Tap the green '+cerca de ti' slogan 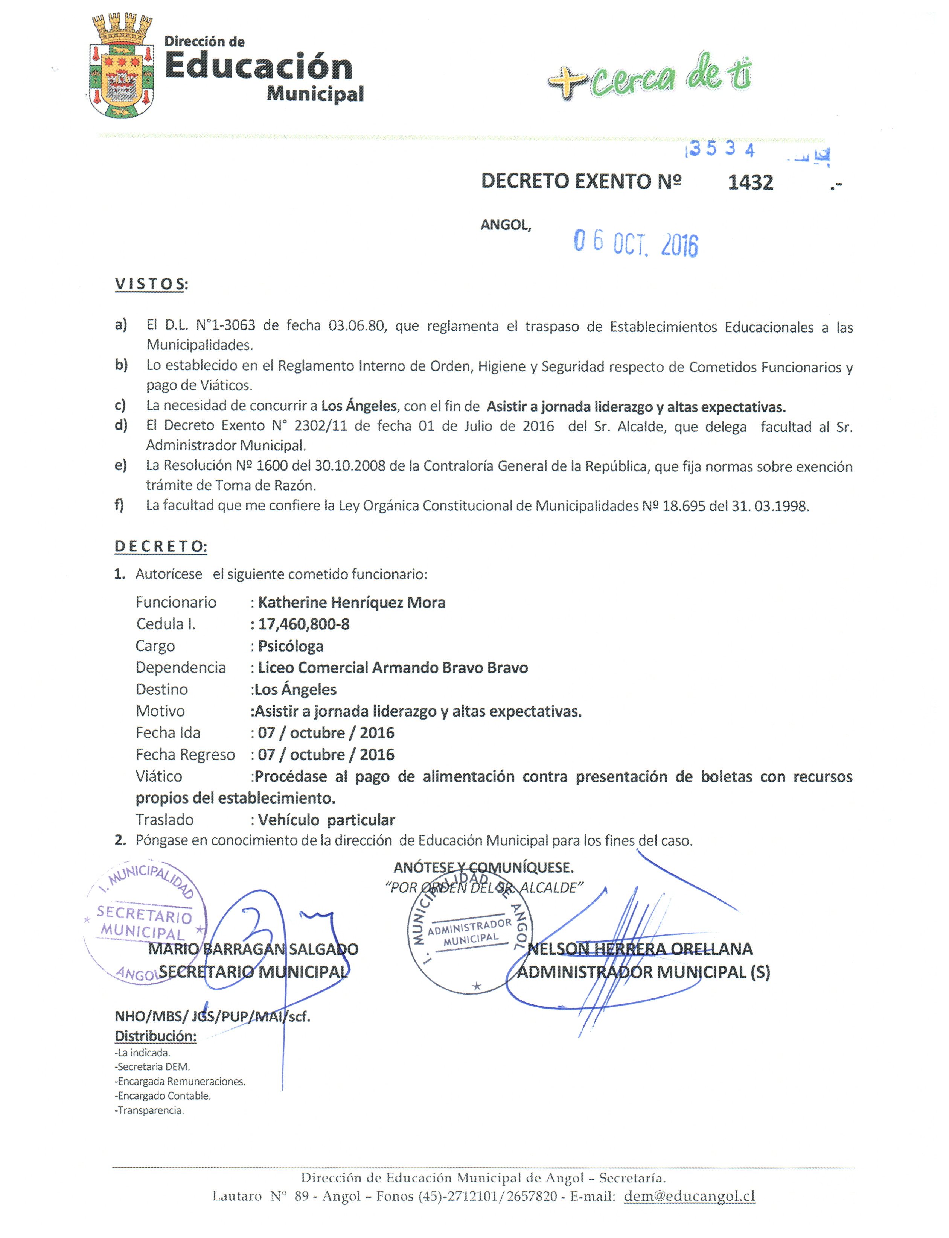(650, 78)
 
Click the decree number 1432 (750, 183)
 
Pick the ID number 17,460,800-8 (304, 624)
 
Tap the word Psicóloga (290, 646)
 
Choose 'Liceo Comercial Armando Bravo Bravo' (393, 668)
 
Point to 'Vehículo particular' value (326, 820)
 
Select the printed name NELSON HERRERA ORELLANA (640, 949)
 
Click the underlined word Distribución (155, 1036)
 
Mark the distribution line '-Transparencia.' (150, 1110)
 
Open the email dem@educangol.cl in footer (689, 1196)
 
